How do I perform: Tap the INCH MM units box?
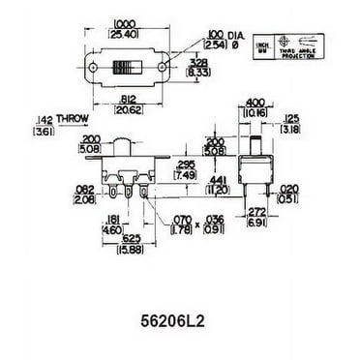[x=259, y=45]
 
